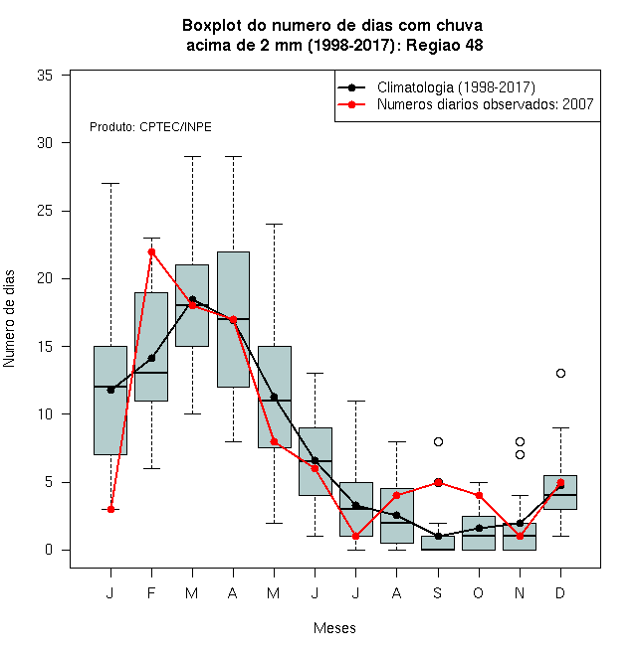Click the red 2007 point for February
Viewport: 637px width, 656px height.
click(x=151, y=251)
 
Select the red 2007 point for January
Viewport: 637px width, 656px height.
click(x=110, y=509)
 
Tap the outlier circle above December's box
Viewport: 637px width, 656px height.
click(x=560, y=373)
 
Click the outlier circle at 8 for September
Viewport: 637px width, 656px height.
click(x=438, y=441)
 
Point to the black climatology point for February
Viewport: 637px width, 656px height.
click(x=151, y=358)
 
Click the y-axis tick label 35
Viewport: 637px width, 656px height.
click(x=45, y=76)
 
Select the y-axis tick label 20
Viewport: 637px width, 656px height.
click(x=45, y=278)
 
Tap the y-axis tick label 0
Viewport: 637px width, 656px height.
click(x=49, y=550)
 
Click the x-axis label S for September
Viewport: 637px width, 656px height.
click(x=438, y=592)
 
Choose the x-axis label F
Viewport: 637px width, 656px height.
click(x=151, y=592)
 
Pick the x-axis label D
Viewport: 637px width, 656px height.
click(x=560, y=592)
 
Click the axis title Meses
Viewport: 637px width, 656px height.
click(x=334, y=628)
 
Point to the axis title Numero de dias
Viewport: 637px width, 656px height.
click(x=9, y=319)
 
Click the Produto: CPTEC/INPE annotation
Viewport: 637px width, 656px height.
click(x=150, y=127)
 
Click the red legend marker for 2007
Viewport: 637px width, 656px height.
click(x=351, y=104)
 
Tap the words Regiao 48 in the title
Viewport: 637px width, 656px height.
click(x=445, y=45)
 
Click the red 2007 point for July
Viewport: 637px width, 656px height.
click(x=355, y=537)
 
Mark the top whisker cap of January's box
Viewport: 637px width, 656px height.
click(x=110, y=183)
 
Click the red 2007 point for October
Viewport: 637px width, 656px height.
click(x=479, y=496)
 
